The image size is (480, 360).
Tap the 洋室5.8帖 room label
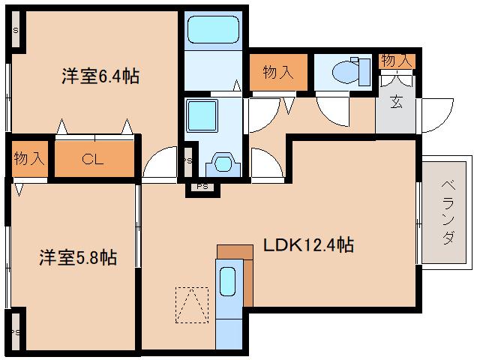point(78,258)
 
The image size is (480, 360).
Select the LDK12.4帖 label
point(307,244)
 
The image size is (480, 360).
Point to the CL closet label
point(92,159)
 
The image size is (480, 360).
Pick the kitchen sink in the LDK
point(228,283)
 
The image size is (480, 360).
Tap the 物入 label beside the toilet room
point(277,72)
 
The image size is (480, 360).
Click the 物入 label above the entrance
point(395,59)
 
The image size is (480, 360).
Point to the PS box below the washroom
point(201,186)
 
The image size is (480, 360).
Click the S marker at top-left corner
point(16,31)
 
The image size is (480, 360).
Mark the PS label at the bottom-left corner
point(14,331)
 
